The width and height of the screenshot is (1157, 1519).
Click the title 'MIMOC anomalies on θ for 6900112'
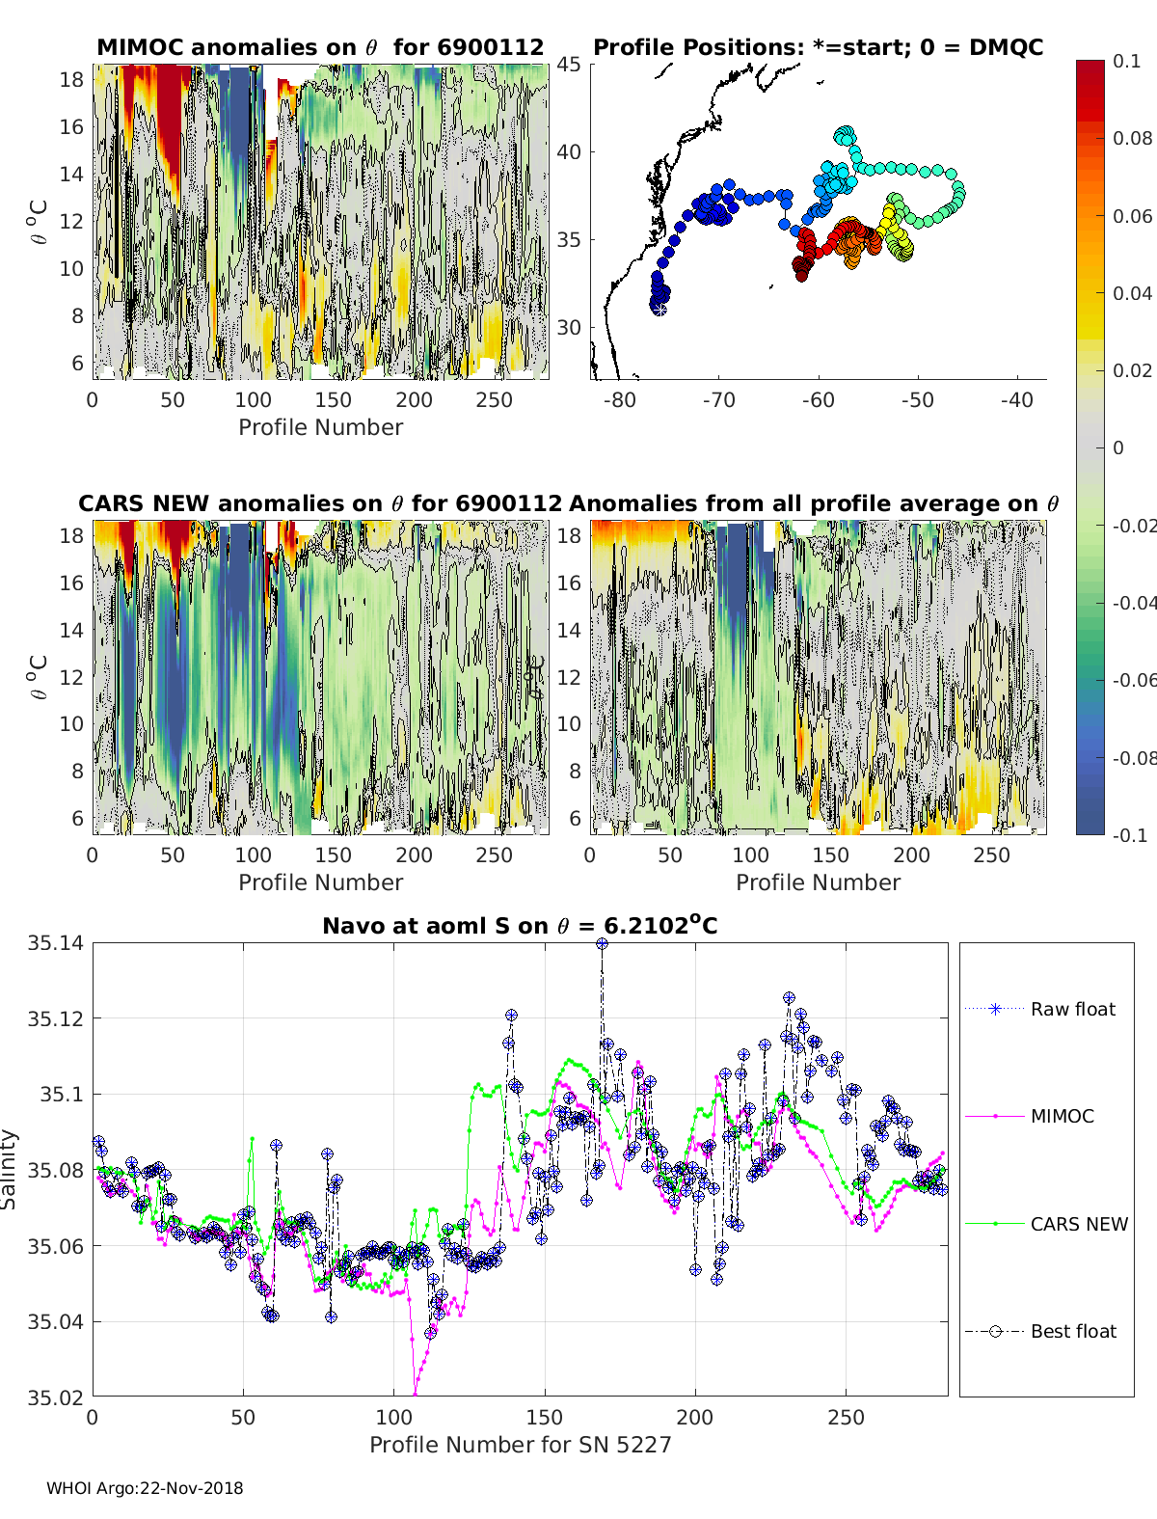click(x=320, y=47)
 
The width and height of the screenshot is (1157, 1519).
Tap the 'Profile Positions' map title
click(x=818, y=47)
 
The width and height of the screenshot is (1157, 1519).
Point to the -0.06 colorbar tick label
click(x=1134, y=680)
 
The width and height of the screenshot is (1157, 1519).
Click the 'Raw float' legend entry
click(x=1072, y=1009)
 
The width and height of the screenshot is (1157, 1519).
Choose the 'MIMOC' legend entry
click(x=1062, y=1116)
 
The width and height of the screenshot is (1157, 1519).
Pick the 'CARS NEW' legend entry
click(x=1079, y=1224)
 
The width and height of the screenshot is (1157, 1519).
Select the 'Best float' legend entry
click(x=1073, y=1331)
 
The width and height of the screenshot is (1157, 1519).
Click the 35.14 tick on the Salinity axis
click(x=56, y=943)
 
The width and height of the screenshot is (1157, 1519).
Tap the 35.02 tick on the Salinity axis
click(x=56, y=1397)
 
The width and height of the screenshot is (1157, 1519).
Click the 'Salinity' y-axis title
click(x=10, y=1169)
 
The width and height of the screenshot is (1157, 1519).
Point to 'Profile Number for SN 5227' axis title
click(x=520, y=1445)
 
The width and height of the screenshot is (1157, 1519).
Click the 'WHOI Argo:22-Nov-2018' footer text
click(x=145, y=1488)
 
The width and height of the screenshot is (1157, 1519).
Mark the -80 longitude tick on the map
click(x=619, y=399)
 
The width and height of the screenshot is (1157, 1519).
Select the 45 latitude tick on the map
click(x=569, y=65)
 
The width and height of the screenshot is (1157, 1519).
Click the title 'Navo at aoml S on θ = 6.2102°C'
click(x=520, y=926)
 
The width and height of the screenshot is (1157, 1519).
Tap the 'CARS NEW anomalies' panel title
click(x=320, y=503)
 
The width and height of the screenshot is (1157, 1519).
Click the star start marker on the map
click(x=659, y=309)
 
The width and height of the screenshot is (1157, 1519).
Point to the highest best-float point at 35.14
click(x=602, y=944)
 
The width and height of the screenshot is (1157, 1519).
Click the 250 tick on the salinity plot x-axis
click(x=847, y=1417)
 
